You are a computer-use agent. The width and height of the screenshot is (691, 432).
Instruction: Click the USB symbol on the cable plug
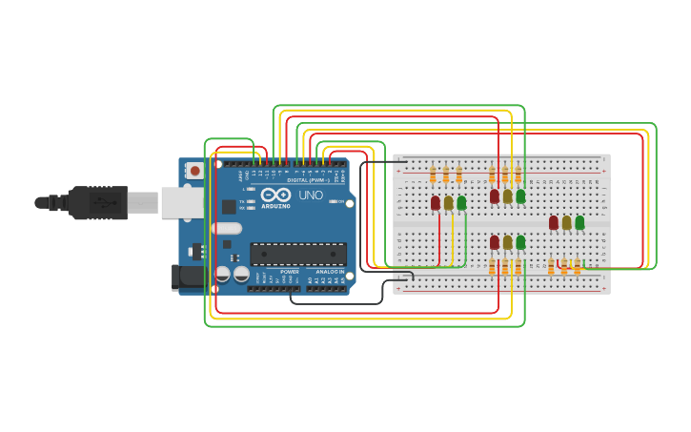pos(99,202)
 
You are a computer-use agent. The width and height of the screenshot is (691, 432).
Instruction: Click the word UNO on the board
pos(311,195)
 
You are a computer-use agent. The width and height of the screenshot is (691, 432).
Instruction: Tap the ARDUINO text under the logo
pos(275,206)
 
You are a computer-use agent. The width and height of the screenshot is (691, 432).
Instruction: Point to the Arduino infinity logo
pos(274,195)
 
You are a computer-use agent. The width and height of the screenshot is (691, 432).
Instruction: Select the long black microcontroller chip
pos(297,254)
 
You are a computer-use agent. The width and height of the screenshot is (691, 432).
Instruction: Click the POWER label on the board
pos(290,272)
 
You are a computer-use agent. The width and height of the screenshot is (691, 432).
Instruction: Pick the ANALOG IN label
pos(327,272)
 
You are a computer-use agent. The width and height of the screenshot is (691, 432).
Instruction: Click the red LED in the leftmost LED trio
pos(436,202)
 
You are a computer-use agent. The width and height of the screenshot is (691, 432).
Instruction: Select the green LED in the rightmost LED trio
pos(579,222)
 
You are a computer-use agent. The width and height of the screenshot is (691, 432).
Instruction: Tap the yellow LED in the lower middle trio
pos(507,242)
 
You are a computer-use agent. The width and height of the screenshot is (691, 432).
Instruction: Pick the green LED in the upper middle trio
pos(520,196)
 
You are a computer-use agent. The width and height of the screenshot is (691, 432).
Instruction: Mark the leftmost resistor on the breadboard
pos(433,175)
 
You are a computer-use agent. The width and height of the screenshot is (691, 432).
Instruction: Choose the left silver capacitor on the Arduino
pos(223,274)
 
